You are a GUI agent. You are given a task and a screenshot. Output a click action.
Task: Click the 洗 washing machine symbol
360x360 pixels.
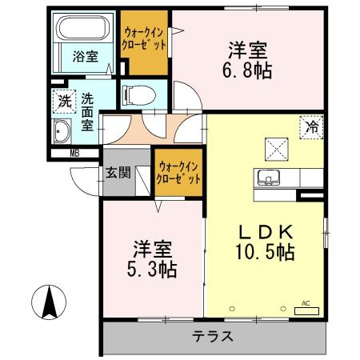click(63, 102)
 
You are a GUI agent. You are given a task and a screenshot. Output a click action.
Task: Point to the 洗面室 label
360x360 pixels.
click(86, 113)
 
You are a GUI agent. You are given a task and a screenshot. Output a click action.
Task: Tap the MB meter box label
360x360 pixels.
click(74, 154)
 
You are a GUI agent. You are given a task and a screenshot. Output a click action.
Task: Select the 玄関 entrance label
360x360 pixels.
click(116, 173)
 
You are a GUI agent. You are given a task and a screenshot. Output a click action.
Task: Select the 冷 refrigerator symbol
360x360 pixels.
click(312, 126)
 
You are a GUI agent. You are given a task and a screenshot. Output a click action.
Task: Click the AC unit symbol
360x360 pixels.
click(305, 308)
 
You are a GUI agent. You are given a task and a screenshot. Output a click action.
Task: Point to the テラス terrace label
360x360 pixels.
click(212, 335)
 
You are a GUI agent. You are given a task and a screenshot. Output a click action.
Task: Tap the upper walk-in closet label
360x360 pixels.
click(144, 38)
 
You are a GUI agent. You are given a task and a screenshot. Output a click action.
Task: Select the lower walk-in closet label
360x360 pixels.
click(179, 173)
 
